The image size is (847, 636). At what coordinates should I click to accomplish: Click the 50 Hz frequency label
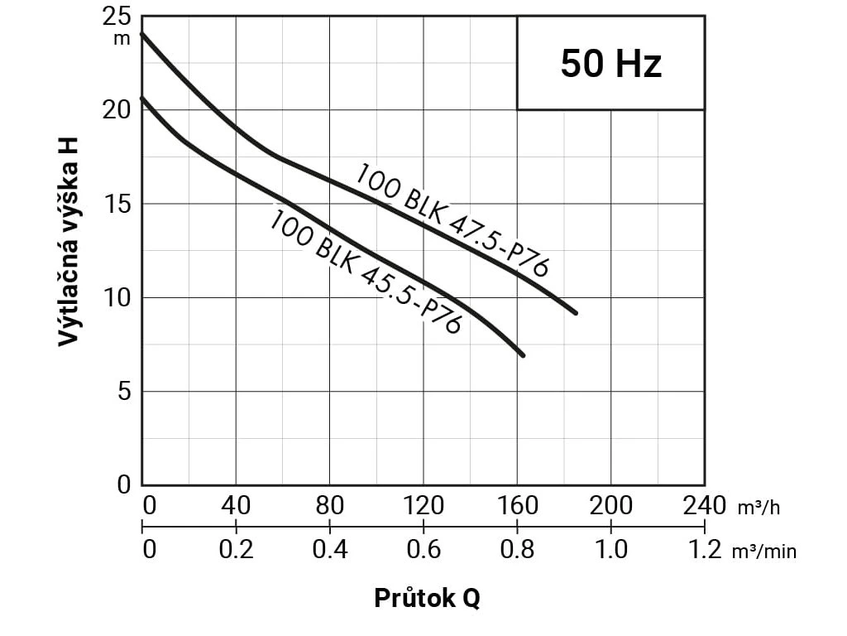point(611,64)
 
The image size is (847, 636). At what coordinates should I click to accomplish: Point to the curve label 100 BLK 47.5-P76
point(452,219)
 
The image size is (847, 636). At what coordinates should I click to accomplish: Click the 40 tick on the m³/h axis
point(236,505)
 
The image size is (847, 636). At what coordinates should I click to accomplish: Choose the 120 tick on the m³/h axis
point(423,505)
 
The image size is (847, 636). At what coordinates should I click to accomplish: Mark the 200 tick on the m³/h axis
point(611,505)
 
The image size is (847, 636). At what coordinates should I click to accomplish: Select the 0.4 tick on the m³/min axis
point(329,549)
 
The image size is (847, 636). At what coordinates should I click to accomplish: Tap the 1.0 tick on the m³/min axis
point(611,549)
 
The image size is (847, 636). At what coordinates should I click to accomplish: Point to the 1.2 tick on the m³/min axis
point(705,549)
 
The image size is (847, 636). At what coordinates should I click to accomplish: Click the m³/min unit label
point(764,551)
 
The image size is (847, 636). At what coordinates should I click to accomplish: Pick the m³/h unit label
point(758,507)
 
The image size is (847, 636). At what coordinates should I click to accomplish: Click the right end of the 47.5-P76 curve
point(575,313)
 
